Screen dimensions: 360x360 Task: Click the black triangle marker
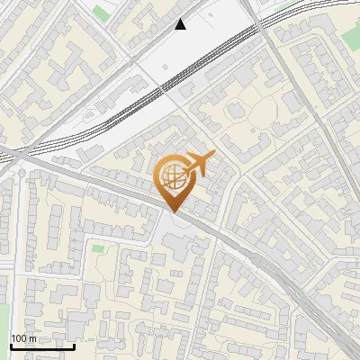coord(181,24)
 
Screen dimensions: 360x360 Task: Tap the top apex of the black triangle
coord(181,19)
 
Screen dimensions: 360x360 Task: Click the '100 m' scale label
coord(24,338)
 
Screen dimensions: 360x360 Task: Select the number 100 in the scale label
coord(20,338)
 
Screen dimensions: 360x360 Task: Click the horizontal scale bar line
coord(42,346)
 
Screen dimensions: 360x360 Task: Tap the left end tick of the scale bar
coord(11,345)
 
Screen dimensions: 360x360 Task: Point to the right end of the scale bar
coord(74,345)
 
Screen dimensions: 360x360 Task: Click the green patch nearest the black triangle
coord(101,13)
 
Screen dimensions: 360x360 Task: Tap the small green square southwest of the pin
coord(97,247)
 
